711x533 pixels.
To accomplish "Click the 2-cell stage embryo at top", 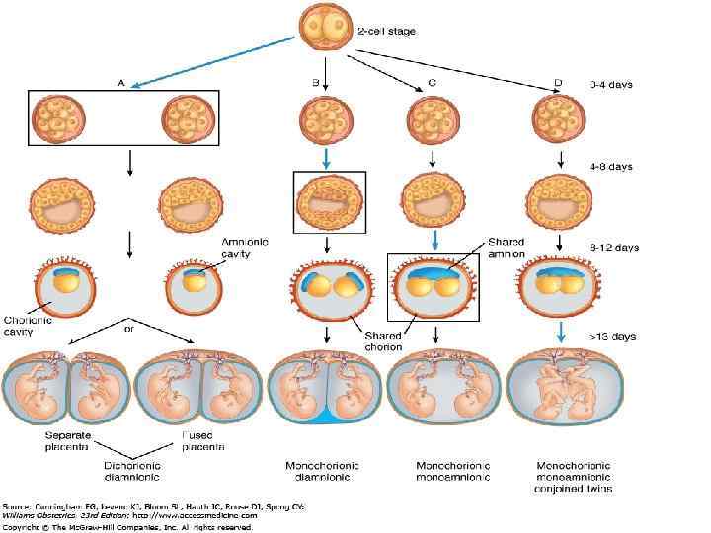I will click(x=327, y=32).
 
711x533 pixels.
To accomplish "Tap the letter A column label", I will click(x=121, y=84).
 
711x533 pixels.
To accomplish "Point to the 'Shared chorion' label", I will click(x=380, y=341).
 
